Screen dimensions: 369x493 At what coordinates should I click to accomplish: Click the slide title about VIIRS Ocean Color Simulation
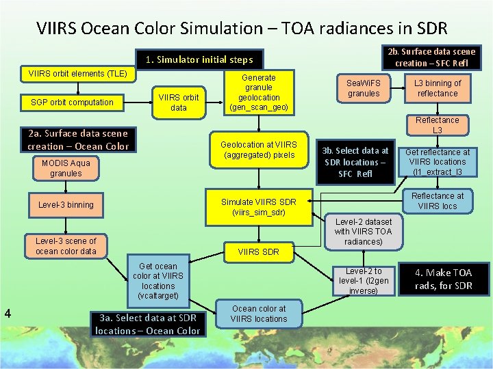[242, 28]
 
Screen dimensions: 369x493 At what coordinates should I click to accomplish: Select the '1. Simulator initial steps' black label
[199, 59]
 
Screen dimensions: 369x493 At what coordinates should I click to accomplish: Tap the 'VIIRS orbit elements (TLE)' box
[76, 73]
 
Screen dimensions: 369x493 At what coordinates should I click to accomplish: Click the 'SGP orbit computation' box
[73, 102]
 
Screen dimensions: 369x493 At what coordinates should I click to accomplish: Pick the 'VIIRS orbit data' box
[179, 102]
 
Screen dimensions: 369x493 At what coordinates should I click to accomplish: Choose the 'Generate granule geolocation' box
[259, 92]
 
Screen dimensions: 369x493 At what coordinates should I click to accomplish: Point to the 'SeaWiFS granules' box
[364, 88]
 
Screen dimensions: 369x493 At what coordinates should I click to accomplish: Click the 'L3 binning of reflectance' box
[438, 88]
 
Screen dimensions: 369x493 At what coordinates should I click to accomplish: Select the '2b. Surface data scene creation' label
[431, 57]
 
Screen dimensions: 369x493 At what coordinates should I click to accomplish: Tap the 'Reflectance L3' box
[438, 125]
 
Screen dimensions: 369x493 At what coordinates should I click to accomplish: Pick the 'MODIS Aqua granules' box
[66, 168]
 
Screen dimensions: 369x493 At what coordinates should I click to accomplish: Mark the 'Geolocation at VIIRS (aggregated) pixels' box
[259, 150]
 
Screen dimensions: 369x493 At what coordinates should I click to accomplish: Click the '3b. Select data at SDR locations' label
[355, 162]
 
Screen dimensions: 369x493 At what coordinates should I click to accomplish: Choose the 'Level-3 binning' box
[66, 204]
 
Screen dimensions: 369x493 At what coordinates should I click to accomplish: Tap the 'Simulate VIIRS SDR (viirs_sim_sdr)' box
[259, 207]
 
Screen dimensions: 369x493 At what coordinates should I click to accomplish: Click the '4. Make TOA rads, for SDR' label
[444, 279]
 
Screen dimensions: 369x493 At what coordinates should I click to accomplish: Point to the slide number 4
[7, 314]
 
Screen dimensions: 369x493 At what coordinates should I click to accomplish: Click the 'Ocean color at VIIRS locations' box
[259, 314]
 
